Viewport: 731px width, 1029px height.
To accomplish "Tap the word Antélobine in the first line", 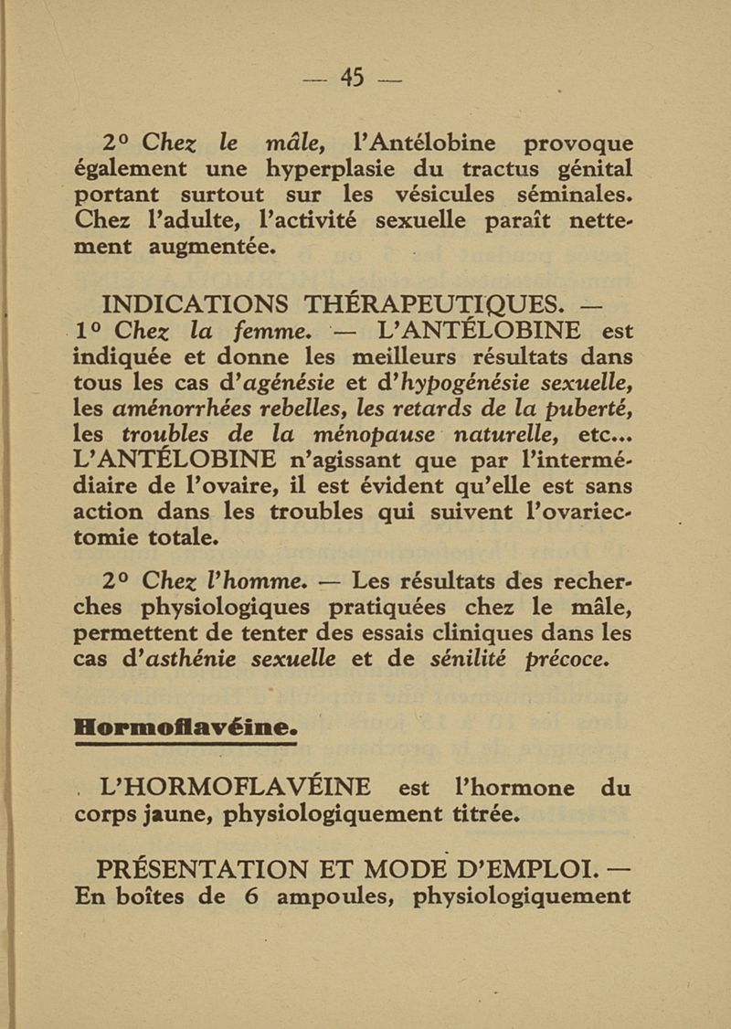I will pos(422,143).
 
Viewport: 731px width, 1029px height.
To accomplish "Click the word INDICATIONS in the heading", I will pos(194,302).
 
